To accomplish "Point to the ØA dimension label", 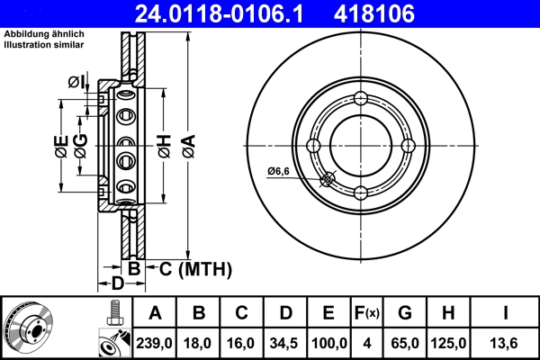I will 187,146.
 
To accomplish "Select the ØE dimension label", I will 60,147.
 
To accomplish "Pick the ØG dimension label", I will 81,147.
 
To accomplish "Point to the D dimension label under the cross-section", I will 116,285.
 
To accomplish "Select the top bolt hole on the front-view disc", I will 361,99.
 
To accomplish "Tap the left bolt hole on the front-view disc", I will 313,146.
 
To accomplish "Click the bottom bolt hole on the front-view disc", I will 361,193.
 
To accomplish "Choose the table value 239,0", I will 155,343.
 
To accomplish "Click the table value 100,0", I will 328,343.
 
